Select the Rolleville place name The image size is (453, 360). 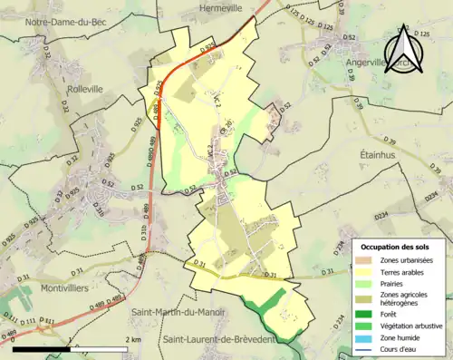pos(88,90)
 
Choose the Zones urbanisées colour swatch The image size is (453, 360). pos(367,260)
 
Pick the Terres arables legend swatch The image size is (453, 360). pos(367,271)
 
